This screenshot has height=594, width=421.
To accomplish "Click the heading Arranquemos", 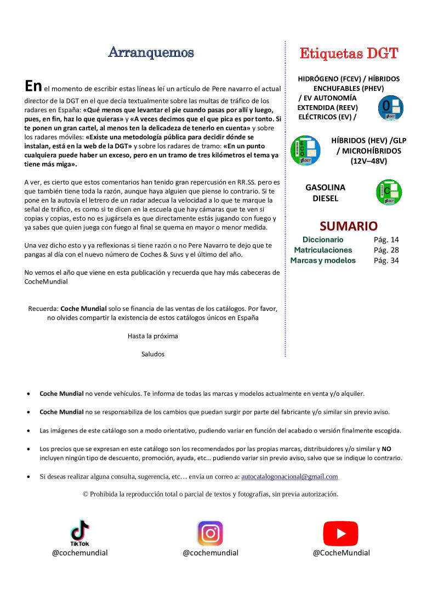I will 151,53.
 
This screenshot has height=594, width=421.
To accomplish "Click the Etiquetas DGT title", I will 348,54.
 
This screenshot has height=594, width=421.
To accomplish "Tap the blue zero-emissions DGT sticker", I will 391,108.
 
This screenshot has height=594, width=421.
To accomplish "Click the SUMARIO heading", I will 348,226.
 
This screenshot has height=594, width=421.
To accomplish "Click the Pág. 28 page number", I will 386,250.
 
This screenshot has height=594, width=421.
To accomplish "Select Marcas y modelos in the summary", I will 323,261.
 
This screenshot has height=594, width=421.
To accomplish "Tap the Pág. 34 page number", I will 386,261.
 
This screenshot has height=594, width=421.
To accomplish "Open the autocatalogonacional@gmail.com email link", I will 289,477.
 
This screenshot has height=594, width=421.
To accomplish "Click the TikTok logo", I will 80,532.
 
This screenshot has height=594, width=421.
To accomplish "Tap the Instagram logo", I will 210,533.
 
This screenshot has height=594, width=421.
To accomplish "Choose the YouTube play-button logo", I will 340,533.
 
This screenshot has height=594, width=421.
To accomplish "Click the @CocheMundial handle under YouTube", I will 341,553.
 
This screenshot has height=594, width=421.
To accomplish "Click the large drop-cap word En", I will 33,86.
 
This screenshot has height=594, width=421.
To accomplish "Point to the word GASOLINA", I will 325,187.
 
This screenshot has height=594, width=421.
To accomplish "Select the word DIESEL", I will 325,198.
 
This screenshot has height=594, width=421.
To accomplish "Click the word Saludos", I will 152,354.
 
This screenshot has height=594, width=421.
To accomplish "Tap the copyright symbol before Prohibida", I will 86,494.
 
